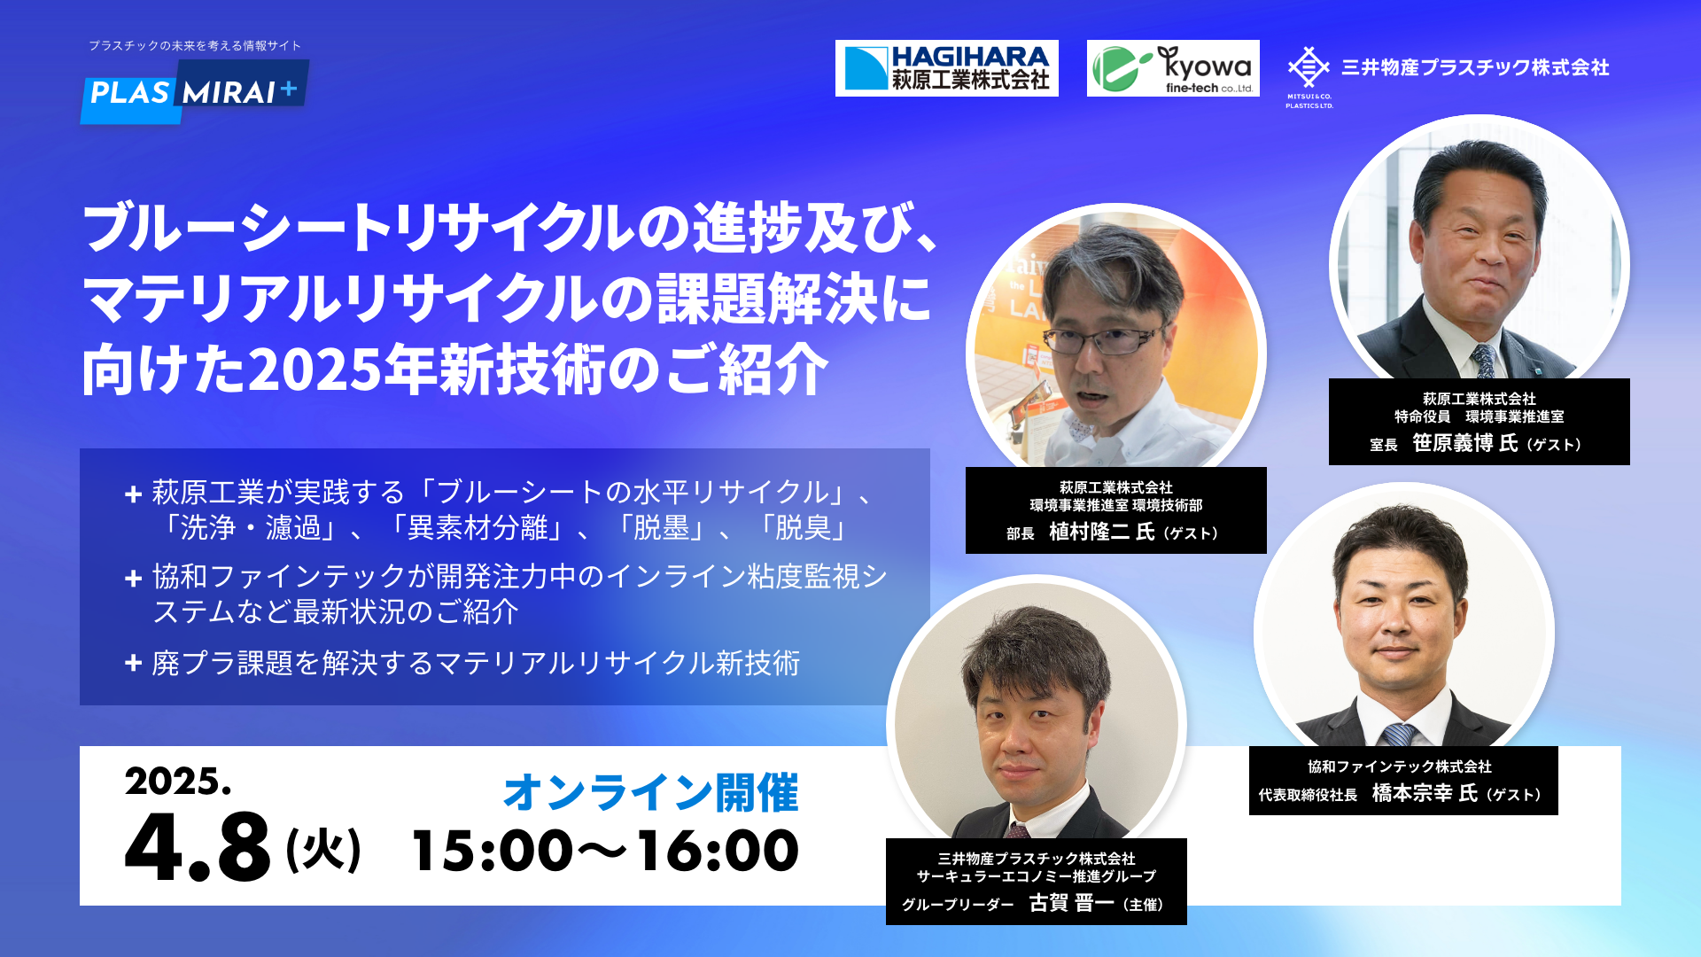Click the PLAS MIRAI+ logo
click(x=195, y=91)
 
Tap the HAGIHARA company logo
click(x=946, y=68)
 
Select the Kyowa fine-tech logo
click(x=1173, y=68)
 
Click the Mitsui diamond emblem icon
click(x=1309, y=67)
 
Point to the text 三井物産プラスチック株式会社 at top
click(x=1475, y=67)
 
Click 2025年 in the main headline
click(x=342, y=370)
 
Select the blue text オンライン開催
click(x=651, y=792)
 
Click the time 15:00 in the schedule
click(x=493, y=851)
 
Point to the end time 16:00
click(x=718, y=851)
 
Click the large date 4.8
click(x=198, y=847)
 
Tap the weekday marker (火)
click(x=323, y=850)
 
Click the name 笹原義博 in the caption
click(x=1452, y=443)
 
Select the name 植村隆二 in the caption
click(x=1089, y=532)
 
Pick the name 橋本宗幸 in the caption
click(x=1412, y=793)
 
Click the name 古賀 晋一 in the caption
click(x=1071, y=903)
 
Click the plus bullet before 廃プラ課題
click(x=134, y=663)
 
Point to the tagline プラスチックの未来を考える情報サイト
click(x=195, y=45)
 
